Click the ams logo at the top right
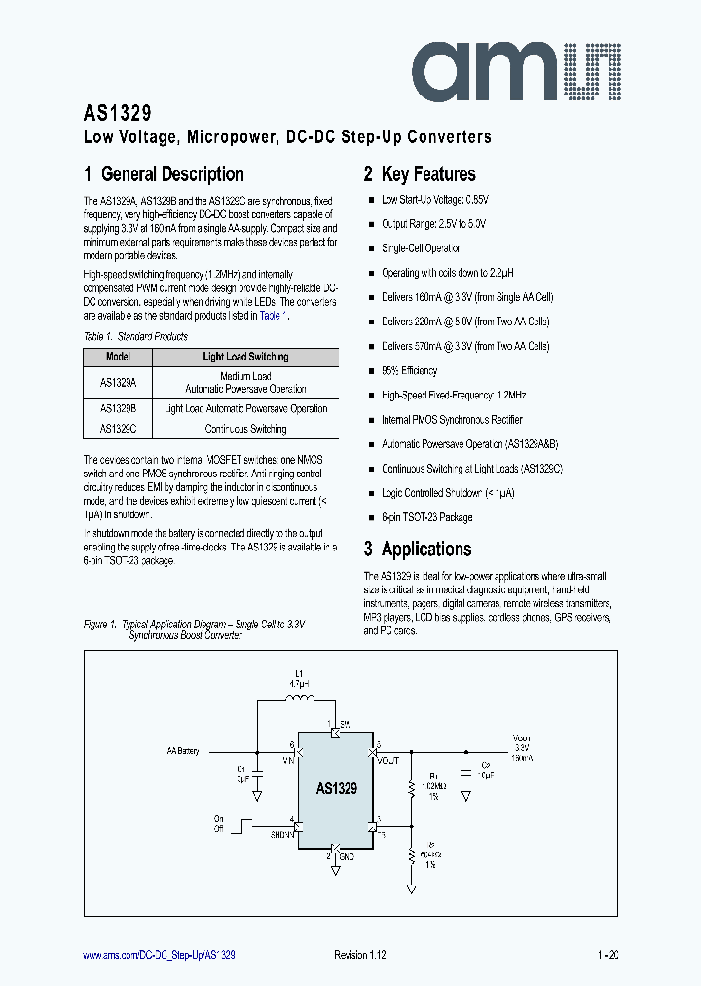coord(523,66)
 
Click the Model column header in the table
coord(118,357)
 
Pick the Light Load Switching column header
coord(245,357)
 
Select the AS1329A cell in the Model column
coord(118,382)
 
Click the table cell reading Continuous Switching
coord(245,429)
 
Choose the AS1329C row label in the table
coord(118,429)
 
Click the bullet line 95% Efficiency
coord(409,370)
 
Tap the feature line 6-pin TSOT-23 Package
coord(426,517)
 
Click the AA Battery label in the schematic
coord(182,751)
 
